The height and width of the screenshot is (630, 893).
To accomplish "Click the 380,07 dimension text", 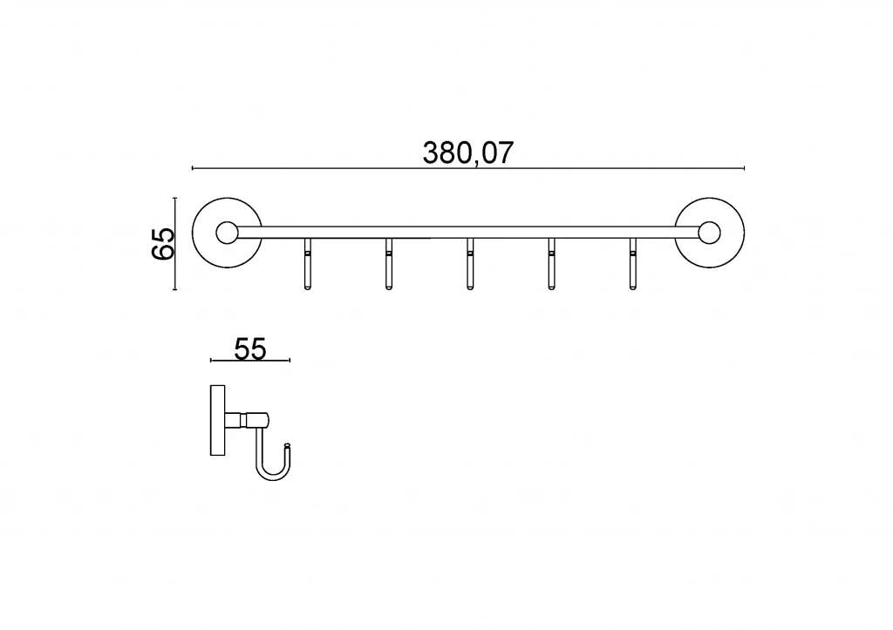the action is click(x=468, y=152).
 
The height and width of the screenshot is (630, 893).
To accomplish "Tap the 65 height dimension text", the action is click(x=163, y=244).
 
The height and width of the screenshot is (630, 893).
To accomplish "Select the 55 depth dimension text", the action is click(x=250, y=349).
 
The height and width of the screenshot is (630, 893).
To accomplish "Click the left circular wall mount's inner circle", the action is click(x=228, y=233).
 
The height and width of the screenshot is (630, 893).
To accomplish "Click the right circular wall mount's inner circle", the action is click(x=709, y=233).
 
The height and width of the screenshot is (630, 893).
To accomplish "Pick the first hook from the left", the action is click(x=308, y=264).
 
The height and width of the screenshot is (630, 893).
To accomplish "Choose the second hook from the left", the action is click(x=388, y=264).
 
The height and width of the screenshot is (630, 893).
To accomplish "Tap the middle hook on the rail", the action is click(x=470, y=264).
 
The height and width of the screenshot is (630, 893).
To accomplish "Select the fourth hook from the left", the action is click(x=551, y=264).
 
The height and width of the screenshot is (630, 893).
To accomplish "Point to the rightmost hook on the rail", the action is click(x=633, y=264).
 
